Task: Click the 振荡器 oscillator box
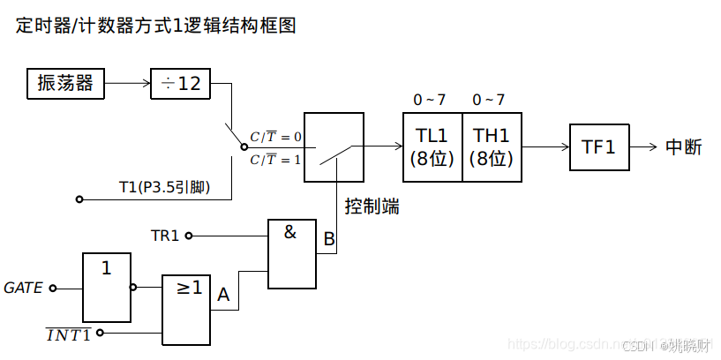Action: click(65, 84)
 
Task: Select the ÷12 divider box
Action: click(181, 84)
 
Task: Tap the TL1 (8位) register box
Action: click(432, 147)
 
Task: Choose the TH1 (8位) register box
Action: click(491, 147)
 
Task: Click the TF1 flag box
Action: click(599, 147)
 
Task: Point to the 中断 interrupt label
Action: click(683, 147)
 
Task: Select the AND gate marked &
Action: click(290, 254)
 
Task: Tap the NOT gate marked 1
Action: click(107, 288)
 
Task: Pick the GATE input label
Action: click(23, 288)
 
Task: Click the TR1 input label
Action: click(165, 236)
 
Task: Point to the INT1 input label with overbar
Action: click(69, 334)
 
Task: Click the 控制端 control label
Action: click(372, 206)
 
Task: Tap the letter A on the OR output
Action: click(222, 296)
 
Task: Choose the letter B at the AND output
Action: click(328, 239)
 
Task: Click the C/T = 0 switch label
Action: click(275, 137)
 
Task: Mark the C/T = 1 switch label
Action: click(275, 160)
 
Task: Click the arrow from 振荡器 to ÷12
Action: click(127, 84)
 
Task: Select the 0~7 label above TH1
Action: click(488, 99)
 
